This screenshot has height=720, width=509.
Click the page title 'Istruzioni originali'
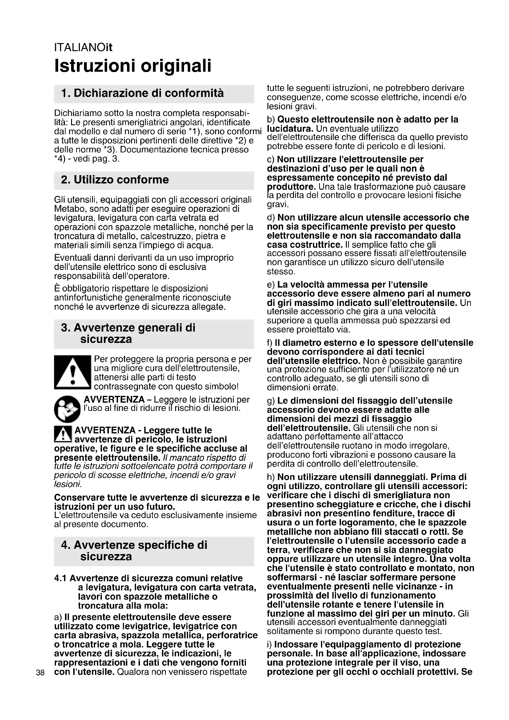pyautogui.click(x=133, y=66)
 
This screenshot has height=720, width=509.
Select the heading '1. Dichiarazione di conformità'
pyautogui.click(x=142, y=93)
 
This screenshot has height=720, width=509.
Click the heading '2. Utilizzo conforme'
pyautogui.click(x=115, y=180)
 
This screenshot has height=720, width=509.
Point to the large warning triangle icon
pyautogui.click(x=72, y=372)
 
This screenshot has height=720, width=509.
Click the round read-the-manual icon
pyautogui.click(x=67, y=409)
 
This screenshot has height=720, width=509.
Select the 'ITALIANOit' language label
pyautogui.click(x=83, y=48)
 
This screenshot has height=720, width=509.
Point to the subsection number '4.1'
pyautogui.click(x=61, y=578)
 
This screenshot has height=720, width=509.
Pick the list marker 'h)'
pyautogui.click(x=271, y=477)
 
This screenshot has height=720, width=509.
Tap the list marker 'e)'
pyautogui.click(x=271, y=285)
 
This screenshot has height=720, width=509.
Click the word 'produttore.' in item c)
pyautogui.click(x=291, y=187)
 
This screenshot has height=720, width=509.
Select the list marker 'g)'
pyautogui.click(x=271, y=401)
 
